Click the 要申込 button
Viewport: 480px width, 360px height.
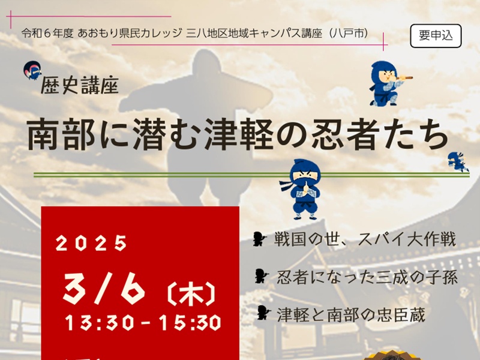[436, 36]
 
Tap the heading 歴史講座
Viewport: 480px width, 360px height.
[80, 85]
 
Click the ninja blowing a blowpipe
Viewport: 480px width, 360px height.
[388, 83]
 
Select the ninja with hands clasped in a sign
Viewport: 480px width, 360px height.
[301, 189]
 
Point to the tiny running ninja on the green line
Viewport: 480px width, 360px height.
[458, 161]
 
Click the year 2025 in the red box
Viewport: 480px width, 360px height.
[91, 244]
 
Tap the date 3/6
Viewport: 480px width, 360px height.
[103, 289]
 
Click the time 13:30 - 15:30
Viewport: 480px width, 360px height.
[143, 323]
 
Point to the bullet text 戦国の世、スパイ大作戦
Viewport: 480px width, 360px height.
[365, 239]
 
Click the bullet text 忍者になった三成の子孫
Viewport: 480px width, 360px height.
[367, 277]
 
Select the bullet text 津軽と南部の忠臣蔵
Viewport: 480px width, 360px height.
[351, 314]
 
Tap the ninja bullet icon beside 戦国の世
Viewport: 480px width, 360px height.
[260, 239]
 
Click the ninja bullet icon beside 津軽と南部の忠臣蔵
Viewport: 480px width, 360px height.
[263, 313]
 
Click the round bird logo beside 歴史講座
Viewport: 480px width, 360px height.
[32, 70]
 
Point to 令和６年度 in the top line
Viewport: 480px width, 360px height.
[47, 33]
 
